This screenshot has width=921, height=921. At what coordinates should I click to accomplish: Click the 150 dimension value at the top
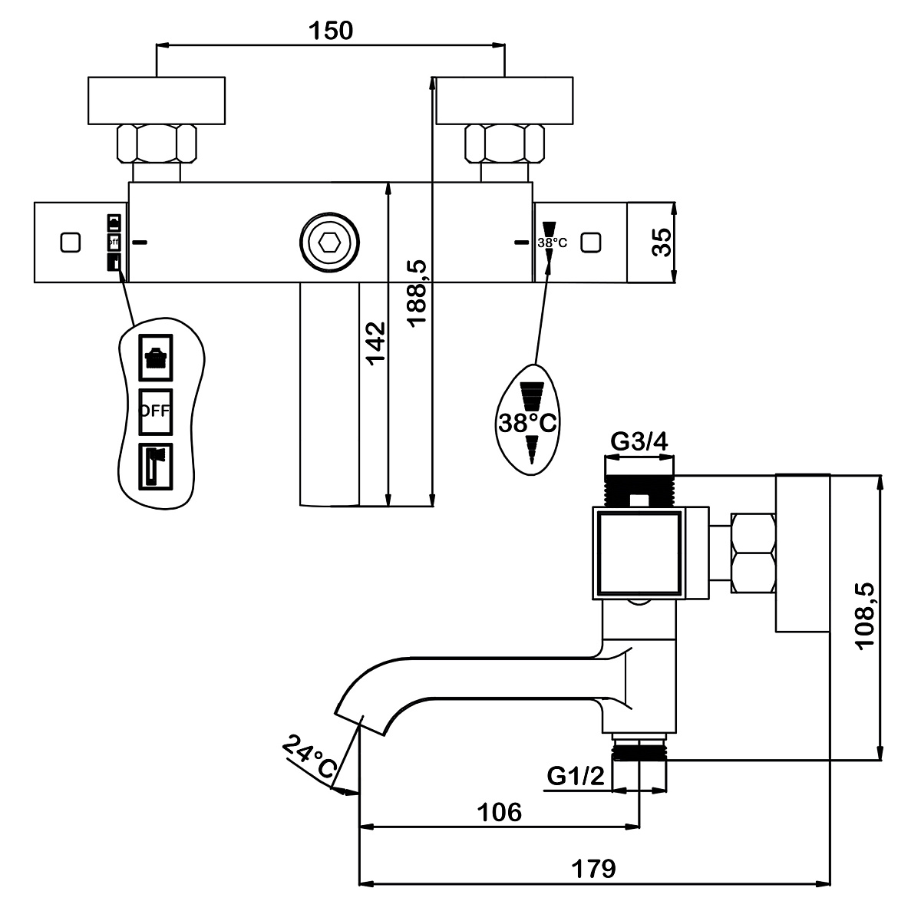(x=331, y=31)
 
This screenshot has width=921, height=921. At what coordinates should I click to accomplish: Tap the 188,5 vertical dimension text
(x=417, y=293)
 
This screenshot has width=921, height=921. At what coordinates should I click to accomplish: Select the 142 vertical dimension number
(x=375, y=344)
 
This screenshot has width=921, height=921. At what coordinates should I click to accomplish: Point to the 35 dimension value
(x=662, y=243)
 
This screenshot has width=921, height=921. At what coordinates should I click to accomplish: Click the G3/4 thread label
(x=639, y=441)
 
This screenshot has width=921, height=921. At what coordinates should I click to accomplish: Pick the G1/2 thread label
(x=576, y=776)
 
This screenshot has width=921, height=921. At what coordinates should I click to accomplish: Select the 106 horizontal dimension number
(x=500, y=812)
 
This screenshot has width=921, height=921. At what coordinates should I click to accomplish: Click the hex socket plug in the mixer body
(x=329, y=243)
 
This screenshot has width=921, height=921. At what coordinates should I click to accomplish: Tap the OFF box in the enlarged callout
(x=155, y=411)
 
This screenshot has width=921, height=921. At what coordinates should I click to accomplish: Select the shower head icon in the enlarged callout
(x=155, y=358)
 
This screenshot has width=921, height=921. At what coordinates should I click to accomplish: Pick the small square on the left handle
(x=71, y=243)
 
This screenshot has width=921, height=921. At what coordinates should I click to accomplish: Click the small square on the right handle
(x=591, y=243)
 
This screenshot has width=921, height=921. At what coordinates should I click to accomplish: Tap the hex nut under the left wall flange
(x=157, y=144)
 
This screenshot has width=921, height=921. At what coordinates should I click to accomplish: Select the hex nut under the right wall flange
(x=505, y=144)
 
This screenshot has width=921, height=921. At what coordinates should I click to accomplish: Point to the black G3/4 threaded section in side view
(x=639, y=491)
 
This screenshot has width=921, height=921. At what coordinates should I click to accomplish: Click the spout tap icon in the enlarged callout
(x=155, y=467)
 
